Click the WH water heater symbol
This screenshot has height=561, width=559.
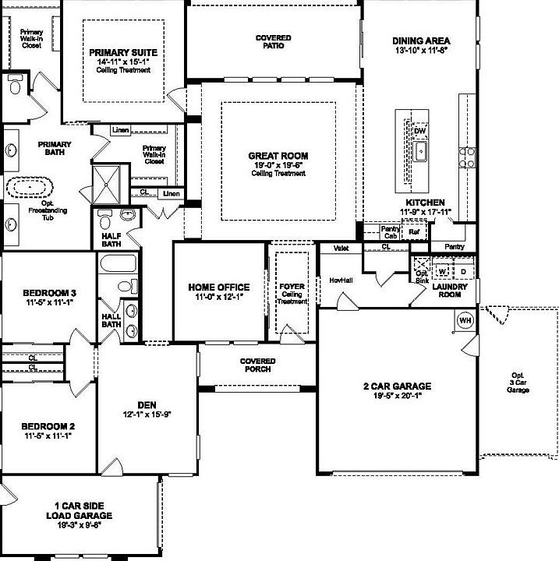465,319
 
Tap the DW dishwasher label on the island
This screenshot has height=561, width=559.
420,130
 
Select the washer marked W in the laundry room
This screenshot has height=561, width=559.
442,271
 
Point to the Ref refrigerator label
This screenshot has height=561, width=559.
414,231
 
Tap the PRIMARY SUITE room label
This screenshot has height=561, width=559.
123,53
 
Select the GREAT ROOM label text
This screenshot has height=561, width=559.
278,156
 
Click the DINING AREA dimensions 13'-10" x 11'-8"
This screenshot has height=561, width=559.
422,50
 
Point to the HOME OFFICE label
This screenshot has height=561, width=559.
219,288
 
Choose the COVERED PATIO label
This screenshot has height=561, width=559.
274,42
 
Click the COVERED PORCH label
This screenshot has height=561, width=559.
257,365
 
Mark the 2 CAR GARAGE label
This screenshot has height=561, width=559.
397,386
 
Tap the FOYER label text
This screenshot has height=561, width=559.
292,287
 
